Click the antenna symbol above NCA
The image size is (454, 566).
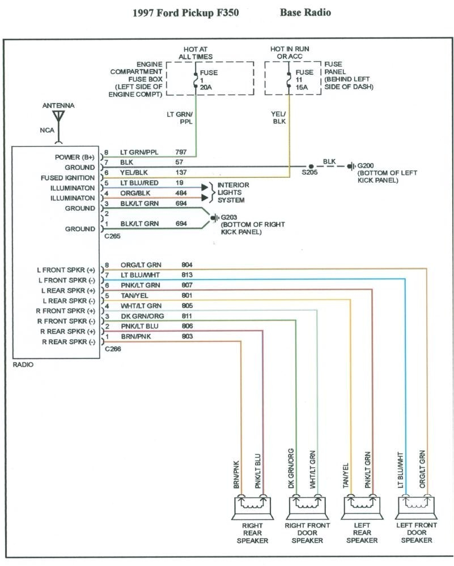(58, 117)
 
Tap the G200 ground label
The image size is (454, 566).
(366, 165)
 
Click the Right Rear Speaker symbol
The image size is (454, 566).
(252, 507)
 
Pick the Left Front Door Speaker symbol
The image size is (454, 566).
(417, 507)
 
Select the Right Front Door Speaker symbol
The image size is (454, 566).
(307, 507)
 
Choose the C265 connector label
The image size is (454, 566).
(113, 237)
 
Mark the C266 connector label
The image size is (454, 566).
(113, 349)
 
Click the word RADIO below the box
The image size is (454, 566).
(23, 365)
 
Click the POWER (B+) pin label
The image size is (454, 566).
(75, 157)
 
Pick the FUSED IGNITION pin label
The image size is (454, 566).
(68, 178)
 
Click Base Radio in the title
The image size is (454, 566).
(305, 12)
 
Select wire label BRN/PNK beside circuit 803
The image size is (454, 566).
(135, 336)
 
